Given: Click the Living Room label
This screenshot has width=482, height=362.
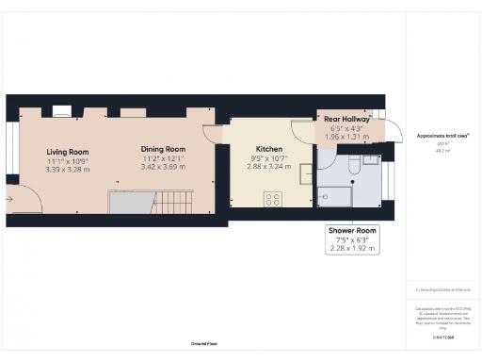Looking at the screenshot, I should [x=67, y=152].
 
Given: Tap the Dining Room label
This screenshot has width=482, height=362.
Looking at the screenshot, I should [x=163, y=149].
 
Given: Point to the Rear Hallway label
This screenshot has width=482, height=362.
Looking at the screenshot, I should [x=346, y=120].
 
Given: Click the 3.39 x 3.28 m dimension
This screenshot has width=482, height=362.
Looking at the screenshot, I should [x=67, y=170].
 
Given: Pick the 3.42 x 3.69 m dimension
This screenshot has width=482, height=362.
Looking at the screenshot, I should [x=163, y=167].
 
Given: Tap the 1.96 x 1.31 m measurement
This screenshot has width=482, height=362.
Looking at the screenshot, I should [x=346, y=137].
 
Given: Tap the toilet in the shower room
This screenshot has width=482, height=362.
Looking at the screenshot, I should [x=350, y=166].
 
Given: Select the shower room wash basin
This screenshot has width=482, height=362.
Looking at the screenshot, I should [x=371, y=160].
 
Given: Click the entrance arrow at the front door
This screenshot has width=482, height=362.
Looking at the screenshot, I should [x=9, y=199].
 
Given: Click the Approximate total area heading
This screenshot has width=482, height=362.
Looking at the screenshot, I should [x=442, y=136].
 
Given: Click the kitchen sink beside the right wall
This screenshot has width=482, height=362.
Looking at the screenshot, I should [x=305, y=172].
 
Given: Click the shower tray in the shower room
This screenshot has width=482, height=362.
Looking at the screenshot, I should [x=335, y=195].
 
